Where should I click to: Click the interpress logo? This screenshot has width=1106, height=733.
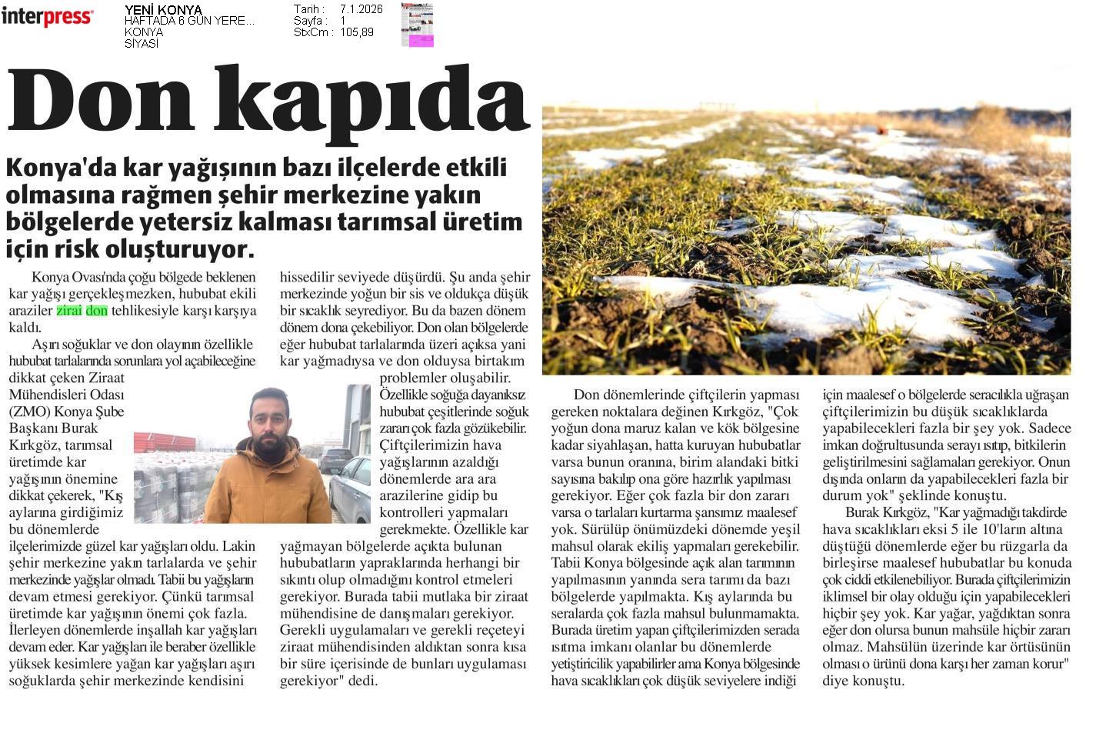(x=47, y=17)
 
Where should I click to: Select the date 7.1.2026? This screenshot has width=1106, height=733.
(x=361, y=9)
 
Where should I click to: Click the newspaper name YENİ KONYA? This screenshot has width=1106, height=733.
(x=163, y=10)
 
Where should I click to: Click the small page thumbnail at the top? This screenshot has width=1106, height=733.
(x=417, y=25)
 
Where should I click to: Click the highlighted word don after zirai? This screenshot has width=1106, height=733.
(x=97, y=311)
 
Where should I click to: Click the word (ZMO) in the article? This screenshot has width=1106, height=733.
(x=32, y=411)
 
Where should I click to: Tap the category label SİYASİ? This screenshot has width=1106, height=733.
(x=141, y=44)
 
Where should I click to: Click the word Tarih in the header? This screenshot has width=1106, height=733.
(x=309, y=9)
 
